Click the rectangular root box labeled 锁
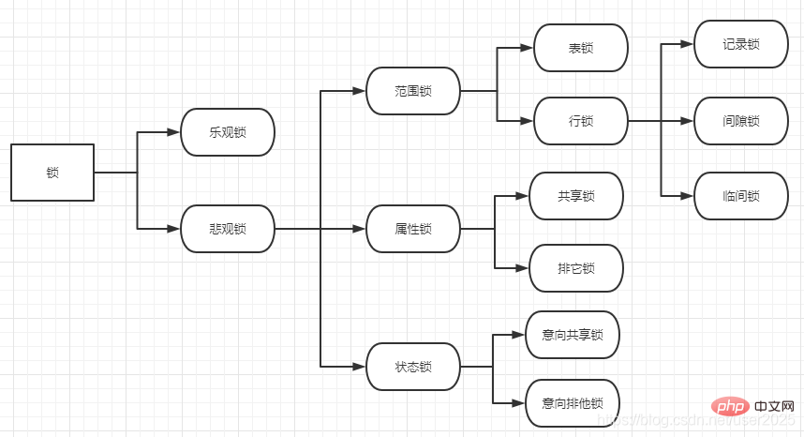tap(52, 173)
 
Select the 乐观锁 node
tap(228, 132)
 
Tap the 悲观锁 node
tap(228, 229)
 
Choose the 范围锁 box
tap(413, 91)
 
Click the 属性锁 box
tap(413, 229)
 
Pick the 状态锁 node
tap(413, 367)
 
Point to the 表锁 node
tap(581, 48)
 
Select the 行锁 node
tap(581, 121)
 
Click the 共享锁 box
tap(576, 196)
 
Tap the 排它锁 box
tap(576, 268)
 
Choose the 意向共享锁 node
tap(573, 335)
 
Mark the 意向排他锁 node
tap(573, 403)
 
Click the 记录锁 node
tap(741, 44)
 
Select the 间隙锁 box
tap(741, 121)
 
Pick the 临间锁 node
tap(741, 196)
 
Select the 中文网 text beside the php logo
tap(774, 407)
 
